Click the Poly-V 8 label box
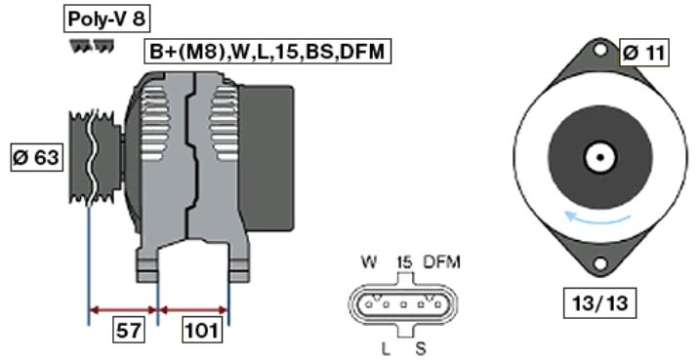tap(106, 20)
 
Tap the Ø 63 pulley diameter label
tap(36, 157)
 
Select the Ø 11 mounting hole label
tap(643, 54)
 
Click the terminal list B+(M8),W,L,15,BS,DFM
tap(267, 52)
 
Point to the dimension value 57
tap(129, 330)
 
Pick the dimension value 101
tap(203, 330)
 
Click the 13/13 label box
tap(599, 303)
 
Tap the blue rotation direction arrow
tap(597, 220)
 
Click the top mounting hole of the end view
tap(600, 49)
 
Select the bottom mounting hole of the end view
tap(600, 264)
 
